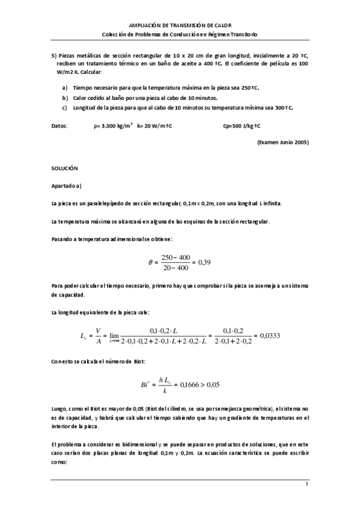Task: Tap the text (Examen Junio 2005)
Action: click(x=283, y=142)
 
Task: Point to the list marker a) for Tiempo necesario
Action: click(x=65, y=87)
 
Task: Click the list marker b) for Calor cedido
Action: click(x=65, y=97)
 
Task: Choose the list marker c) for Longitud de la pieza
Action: click(x=65, y=108)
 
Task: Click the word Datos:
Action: click(x=60, y=126)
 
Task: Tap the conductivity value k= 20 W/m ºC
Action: click(x=155, y=126)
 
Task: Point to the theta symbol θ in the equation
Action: click(x=150, y=262)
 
